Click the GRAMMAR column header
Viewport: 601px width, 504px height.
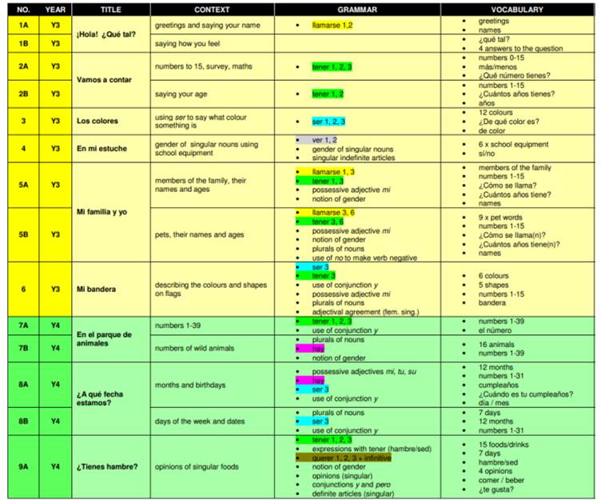tap(357, 10)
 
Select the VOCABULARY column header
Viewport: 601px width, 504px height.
tap(518, 10)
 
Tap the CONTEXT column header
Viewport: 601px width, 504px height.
tap(212, 10)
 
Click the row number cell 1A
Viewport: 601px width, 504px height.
tap(22, 26)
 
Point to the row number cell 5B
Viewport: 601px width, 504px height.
tap(22, 234)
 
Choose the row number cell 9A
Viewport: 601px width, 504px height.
tap(22, 466)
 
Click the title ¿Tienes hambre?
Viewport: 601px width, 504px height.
tap(106, 466)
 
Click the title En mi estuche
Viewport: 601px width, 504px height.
tap(100, 149)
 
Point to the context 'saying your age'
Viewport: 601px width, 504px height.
tap(181, 94)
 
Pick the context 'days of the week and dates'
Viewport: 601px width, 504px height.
tap(200, 421)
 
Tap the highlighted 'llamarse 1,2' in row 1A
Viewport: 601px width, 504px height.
tap(333, 26)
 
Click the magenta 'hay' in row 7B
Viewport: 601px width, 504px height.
tap(319, 349)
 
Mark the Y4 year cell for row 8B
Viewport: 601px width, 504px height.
tap(55, 421)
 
